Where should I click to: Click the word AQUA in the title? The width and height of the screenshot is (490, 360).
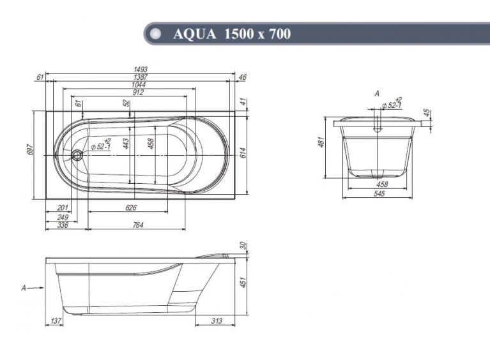click(194, 34)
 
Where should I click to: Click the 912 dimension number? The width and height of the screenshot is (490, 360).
click(137, 92)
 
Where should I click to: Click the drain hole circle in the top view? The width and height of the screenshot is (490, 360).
click(77, 154)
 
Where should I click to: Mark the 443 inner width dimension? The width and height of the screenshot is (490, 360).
click(126, 144)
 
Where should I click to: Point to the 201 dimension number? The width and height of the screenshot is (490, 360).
click(63, 207)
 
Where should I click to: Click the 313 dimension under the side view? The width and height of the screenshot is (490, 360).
click(217, 321)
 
